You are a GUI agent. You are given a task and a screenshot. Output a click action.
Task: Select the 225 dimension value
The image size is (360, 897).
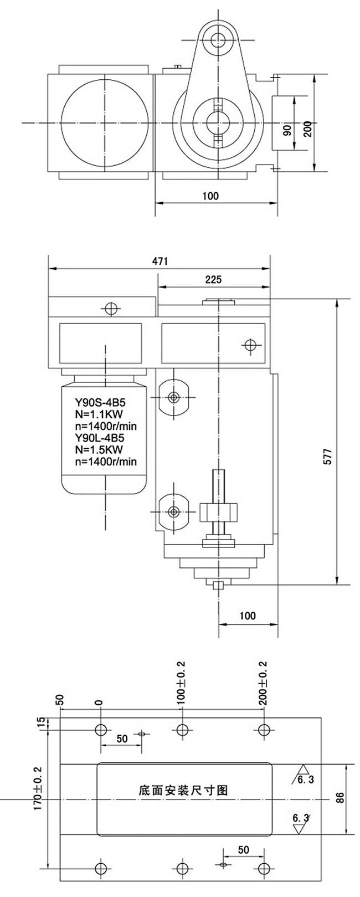[x=213, y=280]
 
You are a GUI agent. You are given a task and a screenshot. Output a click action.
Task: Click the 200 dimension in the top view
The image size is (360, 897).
[x=308, y=129]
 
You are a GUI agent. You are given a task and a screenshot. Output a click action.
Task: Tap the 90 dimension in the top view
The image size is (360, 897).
[x=287, y=130]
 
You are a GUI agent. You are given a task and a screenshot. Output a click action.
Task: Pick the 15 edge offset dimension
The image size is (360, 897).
[x=40, y=724]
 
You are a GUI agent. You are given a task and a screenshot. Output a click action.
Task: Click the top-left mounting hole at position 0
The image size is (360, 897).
[x=101, y=730]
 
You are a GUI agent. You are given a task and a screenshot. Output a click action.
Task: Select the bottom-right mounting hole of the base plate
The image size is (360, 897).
[x=264, y=868]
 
